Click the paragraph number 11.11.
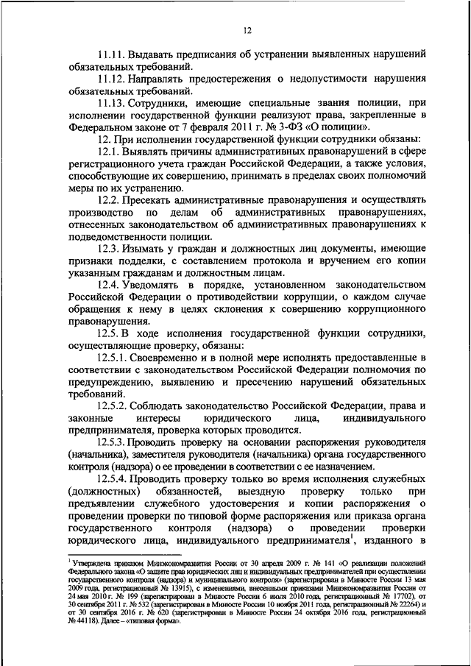point(111,54)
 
